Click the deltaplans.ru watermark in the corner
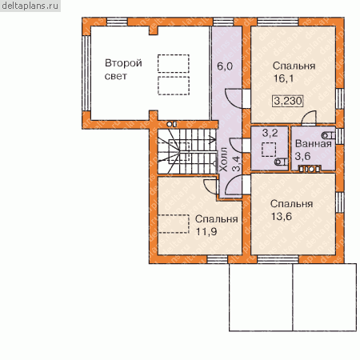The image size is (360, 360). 30,6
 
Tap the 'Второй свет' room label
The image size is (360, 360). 123,70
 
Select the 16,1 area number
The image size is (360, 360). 283,78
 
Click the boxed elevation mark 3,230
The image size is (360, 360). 288,101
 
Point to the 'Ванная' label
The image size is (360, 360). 314,143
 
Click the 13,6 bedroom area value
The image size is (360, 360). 282,216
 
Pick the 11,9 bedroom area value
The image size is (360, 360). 206,231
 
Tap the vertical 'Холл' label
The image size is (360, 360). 223,159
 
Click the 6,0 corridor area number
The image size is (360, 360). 225,66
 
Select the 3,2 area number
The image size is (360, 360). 270,133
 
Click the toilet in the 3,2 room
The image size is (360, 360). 281,162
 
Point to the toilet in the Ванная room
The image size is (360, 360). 329,135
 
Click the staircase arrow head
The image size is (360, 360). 213,139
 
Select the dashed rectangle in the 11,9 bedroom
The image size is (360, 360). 174,224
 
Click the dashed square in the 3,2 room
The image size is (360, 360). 269,150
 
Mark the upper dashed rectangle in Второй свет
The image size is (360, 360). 174,63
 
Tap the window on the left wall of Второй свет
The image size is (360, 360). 86,73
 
